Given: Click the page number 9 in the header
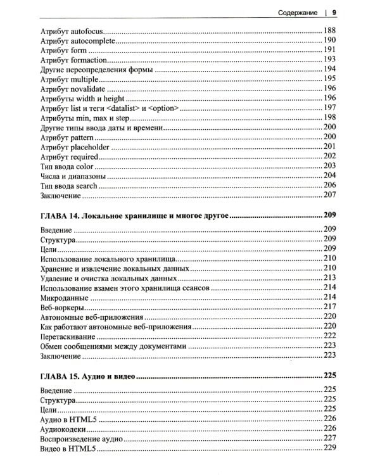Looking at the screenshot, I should [334, 11].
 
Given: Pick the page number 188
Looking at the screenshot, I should [329, 31].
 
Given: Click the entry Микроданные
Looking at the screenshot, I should [63, 296].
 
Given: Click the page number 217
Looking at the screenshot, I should [329, 307].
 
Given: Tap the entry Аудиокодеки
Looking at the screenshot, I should [64, 428].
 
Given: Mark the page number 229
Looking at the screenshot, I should [329, 448].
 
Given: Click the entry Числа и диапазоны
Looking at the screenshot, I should [72, 175].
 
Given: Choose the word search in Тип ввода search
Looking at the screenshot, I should [87, 186].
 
